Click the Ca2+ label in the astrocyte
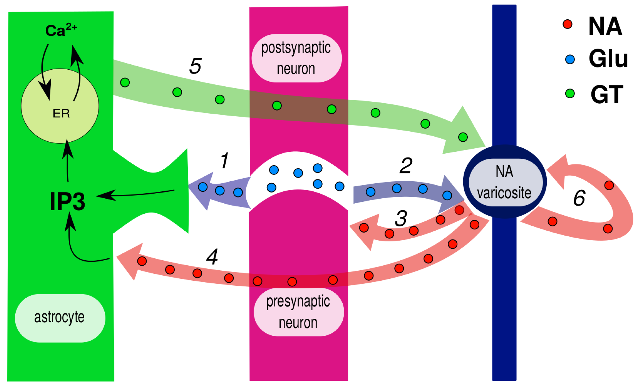click(61, 30)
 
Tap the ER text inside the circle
click(61, 114)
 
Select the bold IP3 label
click(67, 201)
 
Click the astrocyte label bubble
click(60, 318)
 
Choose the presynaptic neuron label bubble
click(298, 312)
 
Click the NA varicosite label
click(505, 182)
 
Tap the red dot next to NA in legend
click(567, 24)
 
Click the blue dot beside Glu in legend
click(570, 59)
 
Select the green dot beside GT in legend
click(570, 93)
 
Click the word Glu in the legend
click(608, 59)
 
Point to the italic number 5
click(195, 66)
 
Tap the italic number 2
click(406, 166)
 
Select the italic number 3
click(401, 218)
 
